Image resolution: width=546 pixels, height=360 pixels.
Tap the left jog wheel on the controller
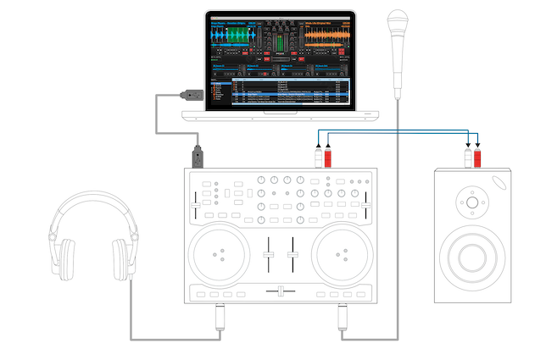pyautogui.click(x=222, y=252)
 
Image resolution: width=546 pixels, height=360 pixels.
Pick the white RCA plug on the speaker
pyautogui.click(x=467, y=158)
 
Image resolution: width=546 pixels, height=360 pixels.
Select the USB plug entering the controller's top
pyautogui.click(x=198, y=158)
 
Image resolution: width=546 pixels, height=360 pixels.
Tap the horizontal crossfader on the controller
pyautogui.click(x=281, y=291)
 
